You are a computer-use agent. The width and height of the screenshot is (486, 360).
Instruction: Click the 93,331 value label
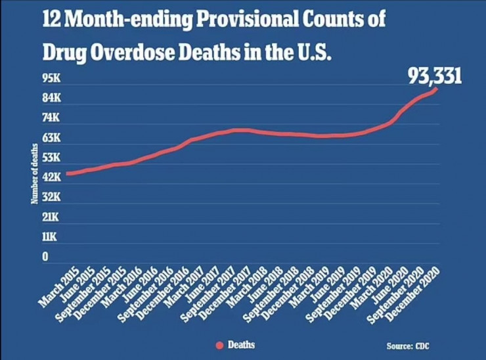coord(435,76)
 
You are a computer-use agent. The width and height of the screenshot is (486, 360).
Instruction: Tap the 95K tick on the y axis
coord(51,78)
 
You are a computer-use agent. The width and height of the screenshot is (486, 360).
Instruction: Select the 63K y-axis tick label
coord(51,138)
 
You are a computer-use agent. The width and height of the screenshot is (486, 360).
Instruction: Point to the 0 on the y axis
coord(45,257)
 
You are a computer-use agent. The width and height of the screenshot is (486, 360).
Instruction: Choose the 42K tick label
coord(51,177)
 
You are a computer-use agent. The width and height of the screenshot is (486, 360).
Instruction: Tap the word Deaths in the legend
coord(241,344)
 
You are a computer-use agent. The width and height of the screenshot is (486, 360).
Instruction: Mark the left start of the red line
coord(66,174)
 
